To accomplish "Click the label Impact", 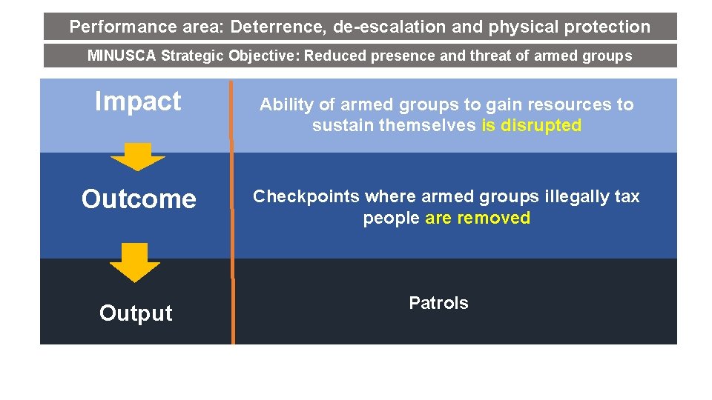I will [x=138, y=101].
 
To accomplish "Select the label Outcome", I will [x=139, y=199].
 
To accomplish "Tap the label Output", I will [x=136, y=313].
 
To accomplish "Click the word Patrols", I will [x=438, y=303].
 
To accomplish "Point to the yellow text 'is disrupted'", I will [x=531, y=126].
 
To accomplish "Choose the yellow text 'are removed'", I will [x=478, y=219].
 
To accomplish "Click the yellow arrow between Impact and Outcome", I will [x=137, y=156].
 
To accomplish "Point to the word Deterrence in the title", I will [x=278, y=27].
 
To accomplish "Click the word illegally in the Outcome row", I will [x=570, y=197].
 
